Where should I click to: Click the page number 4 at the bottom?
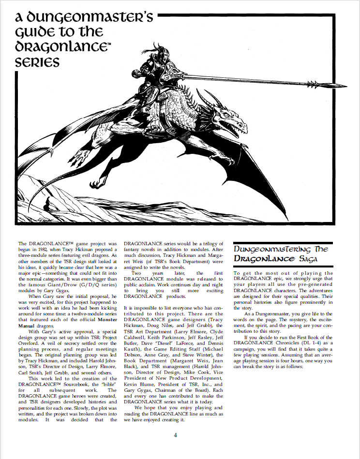coord(176,435)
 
